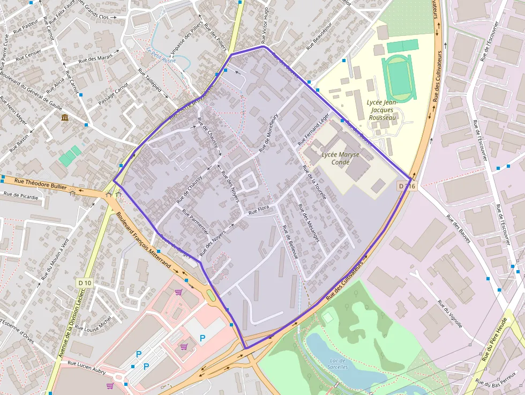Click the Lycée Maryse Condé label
[x=340, y=158]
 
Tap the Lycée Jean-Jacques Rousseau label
[x=382, y=110]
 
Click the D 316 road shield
[x=407, y=186]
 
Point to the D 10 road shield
[x=85, y=282]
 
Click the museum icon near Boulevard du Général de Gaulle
[x=65, y=117]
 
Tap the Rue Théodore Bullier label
[x=41, y=184]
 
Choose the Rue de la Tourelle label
[x=314, y=182]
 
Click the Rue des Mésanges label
[x=309, y=223]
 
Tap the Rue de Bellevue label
[x=290, y=243]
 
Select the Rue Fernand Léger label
[x=313, y=130]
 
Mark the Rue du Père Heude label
[x=494, y=339]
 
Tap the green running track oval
[x=399, y=78]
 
